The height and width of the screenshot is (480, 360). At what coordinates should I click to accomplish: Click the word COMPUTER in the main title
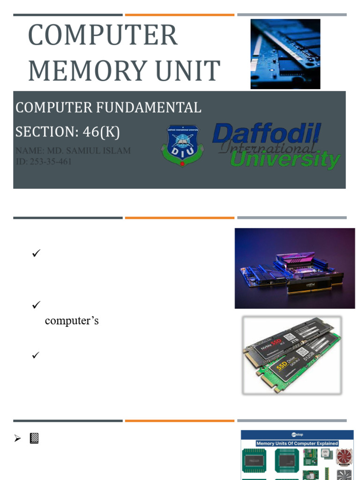point(103,35)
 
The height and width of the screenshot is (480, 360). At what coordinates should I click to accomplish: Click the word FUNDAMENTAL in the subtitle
point(149,107)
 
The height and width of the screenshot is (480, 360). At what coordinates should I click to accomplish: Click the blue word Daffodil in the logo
point(266,134)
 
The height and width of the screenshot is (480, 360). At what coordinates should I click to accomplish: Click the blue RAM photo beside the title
point(285,54)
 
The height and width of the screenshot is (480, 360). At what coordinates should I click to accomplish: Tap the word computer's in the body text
point(72,321)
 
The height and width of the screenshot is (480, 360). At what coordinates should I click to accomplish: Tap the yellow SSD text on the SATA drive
point(281,366)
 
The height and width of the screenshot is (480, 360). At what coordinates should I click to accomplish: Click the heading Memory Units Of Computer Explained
point(297,443)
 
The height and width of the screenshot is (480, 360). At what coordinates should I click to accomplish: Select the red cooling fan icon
point(344,457)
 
